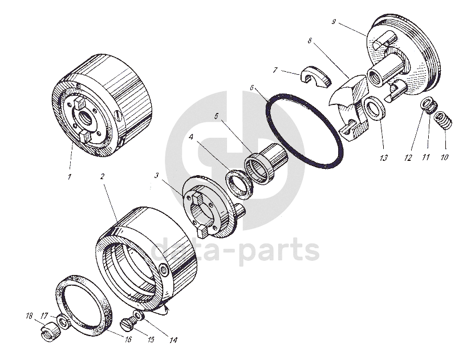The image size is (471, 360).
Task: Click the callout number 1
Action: coord(70,177)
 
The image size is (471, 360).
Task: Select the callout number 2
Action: coord(103,176)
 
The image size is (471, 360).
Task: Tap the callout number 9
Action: coord(334,22)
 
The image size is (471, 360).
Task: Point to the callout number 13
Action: coord(384,158)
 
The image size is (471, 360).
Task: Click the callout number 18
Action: coord(29,316)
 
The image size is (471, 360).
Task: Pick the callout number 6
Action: coord(251,87)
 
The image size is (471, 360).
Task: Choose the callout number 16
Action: coord(128,339)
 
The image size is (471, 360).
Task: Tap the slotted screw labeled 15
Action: coord(128,323)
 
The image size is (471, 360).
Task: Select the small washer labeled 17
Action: coord(63,322)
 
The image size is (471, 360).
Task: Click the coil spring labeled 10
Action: coord(443,120)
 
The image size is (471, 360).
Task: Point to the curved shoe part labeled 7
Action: coord(315,77)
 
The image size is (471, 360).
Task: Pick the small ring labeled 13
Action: coord(375,108)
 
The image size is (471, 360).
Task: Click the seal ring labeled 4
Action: coord(238,184)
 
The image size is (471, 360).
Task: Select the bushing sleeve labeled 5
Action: coord(266,164)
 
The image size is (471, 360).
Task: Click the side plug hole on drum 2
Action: coord(164,271)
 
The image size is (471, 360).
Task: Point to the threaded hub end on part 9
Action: coord(375,77)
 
